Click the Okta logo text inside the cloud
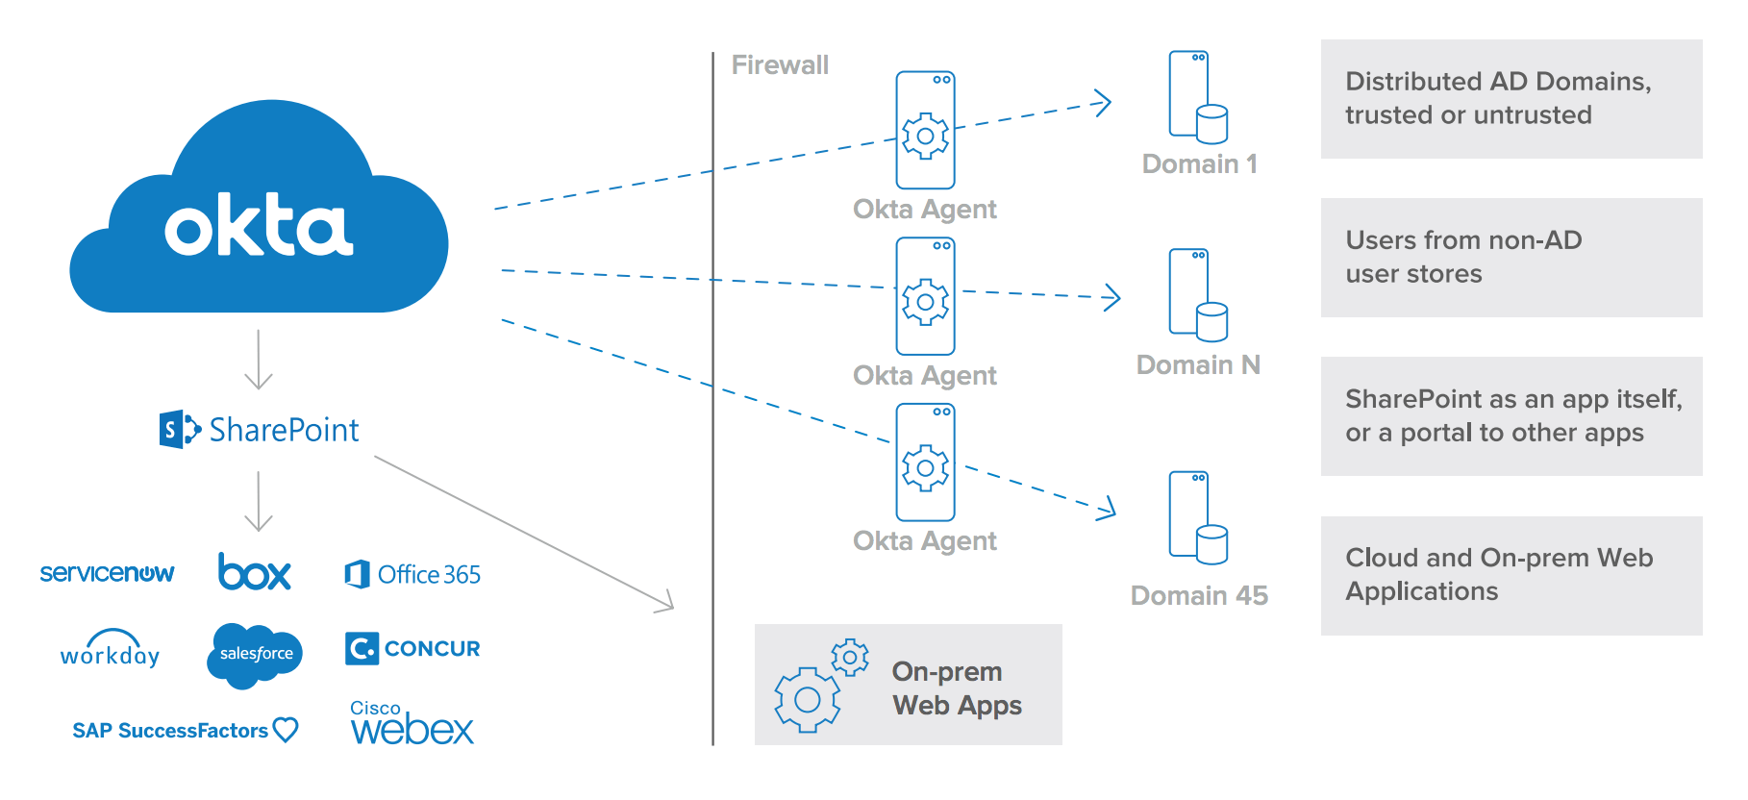(x=259, y=226)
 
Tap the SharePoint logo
(x=260, y=429)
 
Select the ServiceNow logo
(x=107, y=573)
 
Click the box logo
(x=254, y=572)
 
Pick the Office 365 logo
(x=412, y=574)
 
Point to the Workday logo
(x=110, y=651)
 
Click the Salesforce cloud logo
(x=255, y=655)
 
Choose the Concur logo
(x=412, y=648)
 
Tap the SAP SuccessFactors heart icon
(x=286, y=730)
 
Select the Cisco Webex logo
(x=412, y=724)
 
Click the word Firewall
(x=780, y=65)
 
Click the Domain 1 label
(x=1199, y=164)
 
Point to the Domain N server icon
(x=1198, y=295)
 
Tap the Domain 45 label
(x=1199, y=596)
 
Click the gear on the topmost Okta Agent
(x=925, y=136)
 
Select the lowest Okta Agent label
(x=924, y=541)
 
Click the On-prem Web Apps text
(x=956, y=688)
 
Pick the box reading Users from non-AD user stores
(x=1511, y=258)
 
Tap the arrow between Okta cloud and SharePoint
(x=259, y=360)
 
